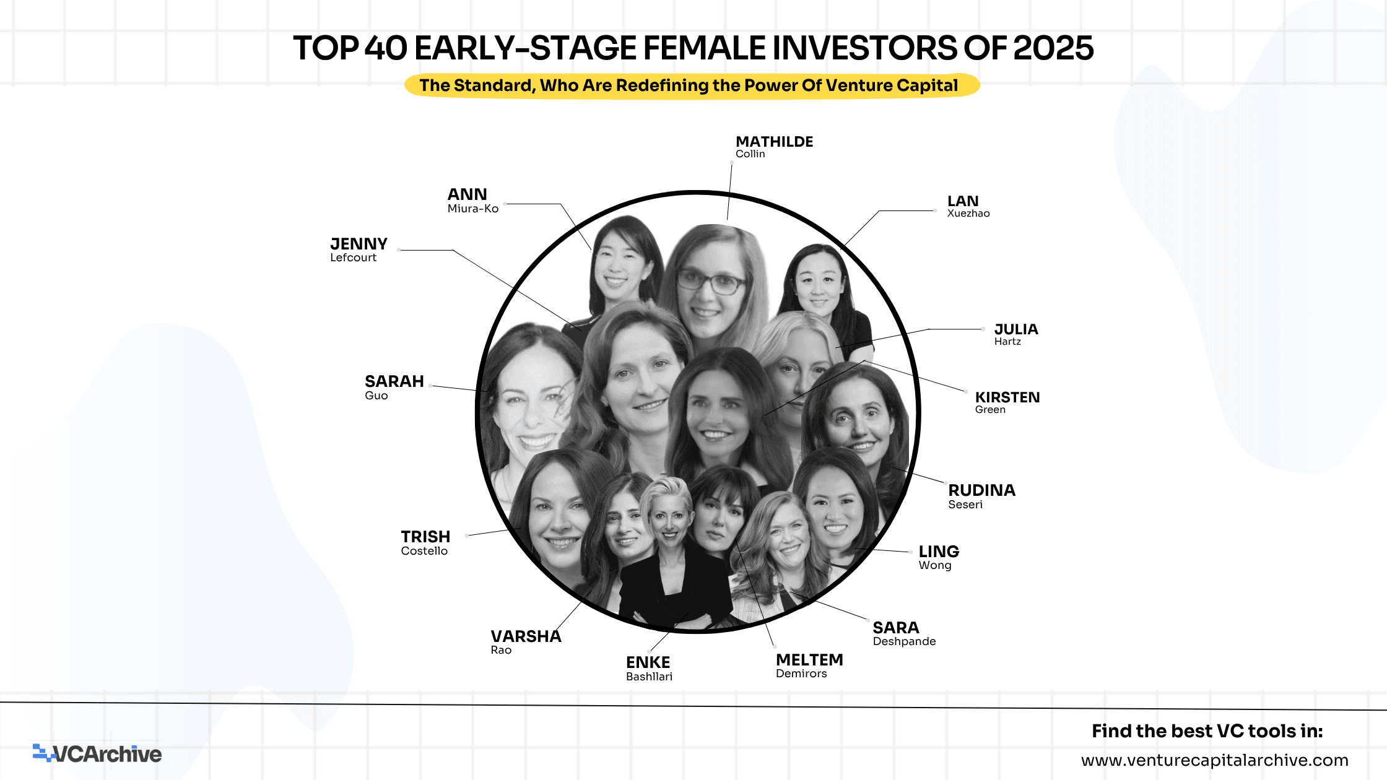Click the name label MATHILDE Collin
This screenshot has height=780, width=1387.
click(774, 147)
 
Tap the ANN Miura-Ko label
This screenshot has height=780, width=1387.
click(473, 201)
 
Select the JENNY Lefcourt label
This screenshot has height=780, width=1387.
click(359, 249)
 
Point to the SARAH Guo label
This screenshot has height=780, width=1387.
click(394, 387)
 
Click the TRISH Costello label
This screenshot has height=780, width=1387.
click(425, 542)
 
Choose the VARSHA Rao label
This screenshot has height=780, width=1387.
click(526, 641)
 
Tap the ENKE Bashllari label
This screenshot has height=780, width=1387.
click(649, 668)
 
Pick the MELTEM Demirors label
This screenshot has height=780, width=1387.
click(809, 665)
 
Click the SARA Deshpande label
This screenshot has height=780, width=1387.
click(904, 633)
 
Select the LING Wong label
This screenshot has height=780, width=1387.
click(939, 557)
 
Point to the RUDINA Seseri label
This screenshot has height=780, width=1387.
click(981, 496)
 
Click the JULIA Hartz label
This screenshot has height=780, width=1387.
click(1016, 334)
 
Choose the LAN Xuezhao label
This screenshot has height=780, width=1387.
click(968, 206)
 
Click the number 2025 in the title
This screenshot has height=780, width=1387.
click(1053, 48)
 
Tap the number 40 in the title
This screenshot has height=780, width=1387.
click(386, 48)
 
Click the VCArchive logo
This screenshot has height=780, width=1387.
click(97, 753)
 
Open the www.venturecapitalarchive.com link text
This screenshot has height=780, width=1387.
click(1214, 760)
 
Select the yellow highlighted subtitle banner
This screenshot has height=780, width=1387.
click(692, 85)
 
